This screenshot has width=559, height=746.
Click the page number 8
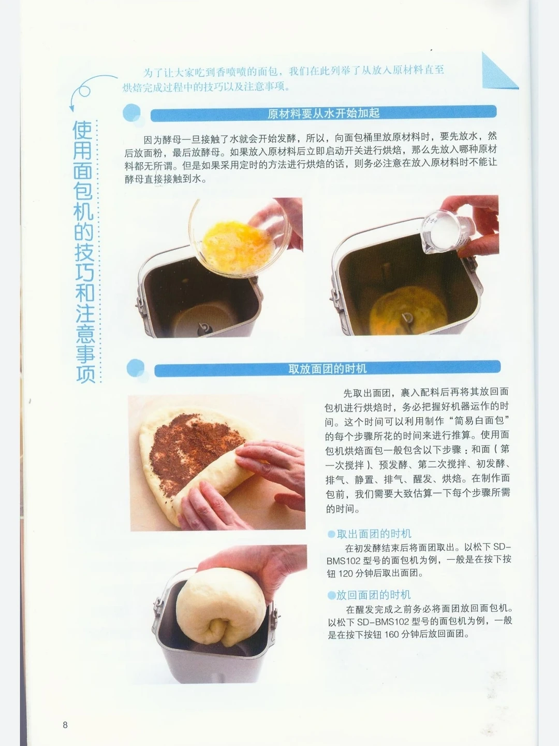(65, 725)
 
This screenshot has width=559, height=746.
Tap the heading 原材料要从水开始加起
(323, 113)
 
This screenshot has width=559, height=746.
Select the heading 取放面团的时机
(327, 369)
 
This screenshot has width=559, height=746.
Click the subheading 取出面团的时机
(374, 534)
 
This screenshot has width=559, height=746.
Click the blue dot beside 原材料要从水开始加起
(131, 112)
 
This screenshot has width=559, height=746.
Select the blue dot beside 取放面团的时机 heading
(136, 368)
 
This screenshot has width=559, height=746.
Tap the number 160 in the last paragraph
(392, 635)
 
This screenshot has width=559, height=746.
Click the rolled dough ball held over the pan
(221, 606)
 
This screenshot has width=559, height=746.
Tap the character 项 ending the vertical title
(85, 374)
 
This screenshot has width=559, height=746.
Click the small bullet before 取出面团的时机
(331, 534)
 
